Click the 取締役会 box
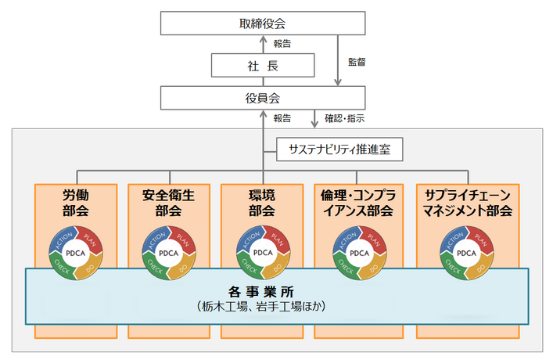(262, 23)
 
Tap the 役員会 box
(262, 99)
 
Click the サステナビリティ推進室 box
(332, 146)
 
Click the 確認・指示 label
(345, 119)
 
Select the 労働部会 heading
(76, 203)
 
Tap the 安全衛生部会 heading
(168, 203)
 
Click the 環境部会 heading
(261, 203)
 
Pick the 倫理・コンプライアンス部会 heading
(357, 203)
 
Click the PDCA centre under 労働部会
(76, 253)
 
